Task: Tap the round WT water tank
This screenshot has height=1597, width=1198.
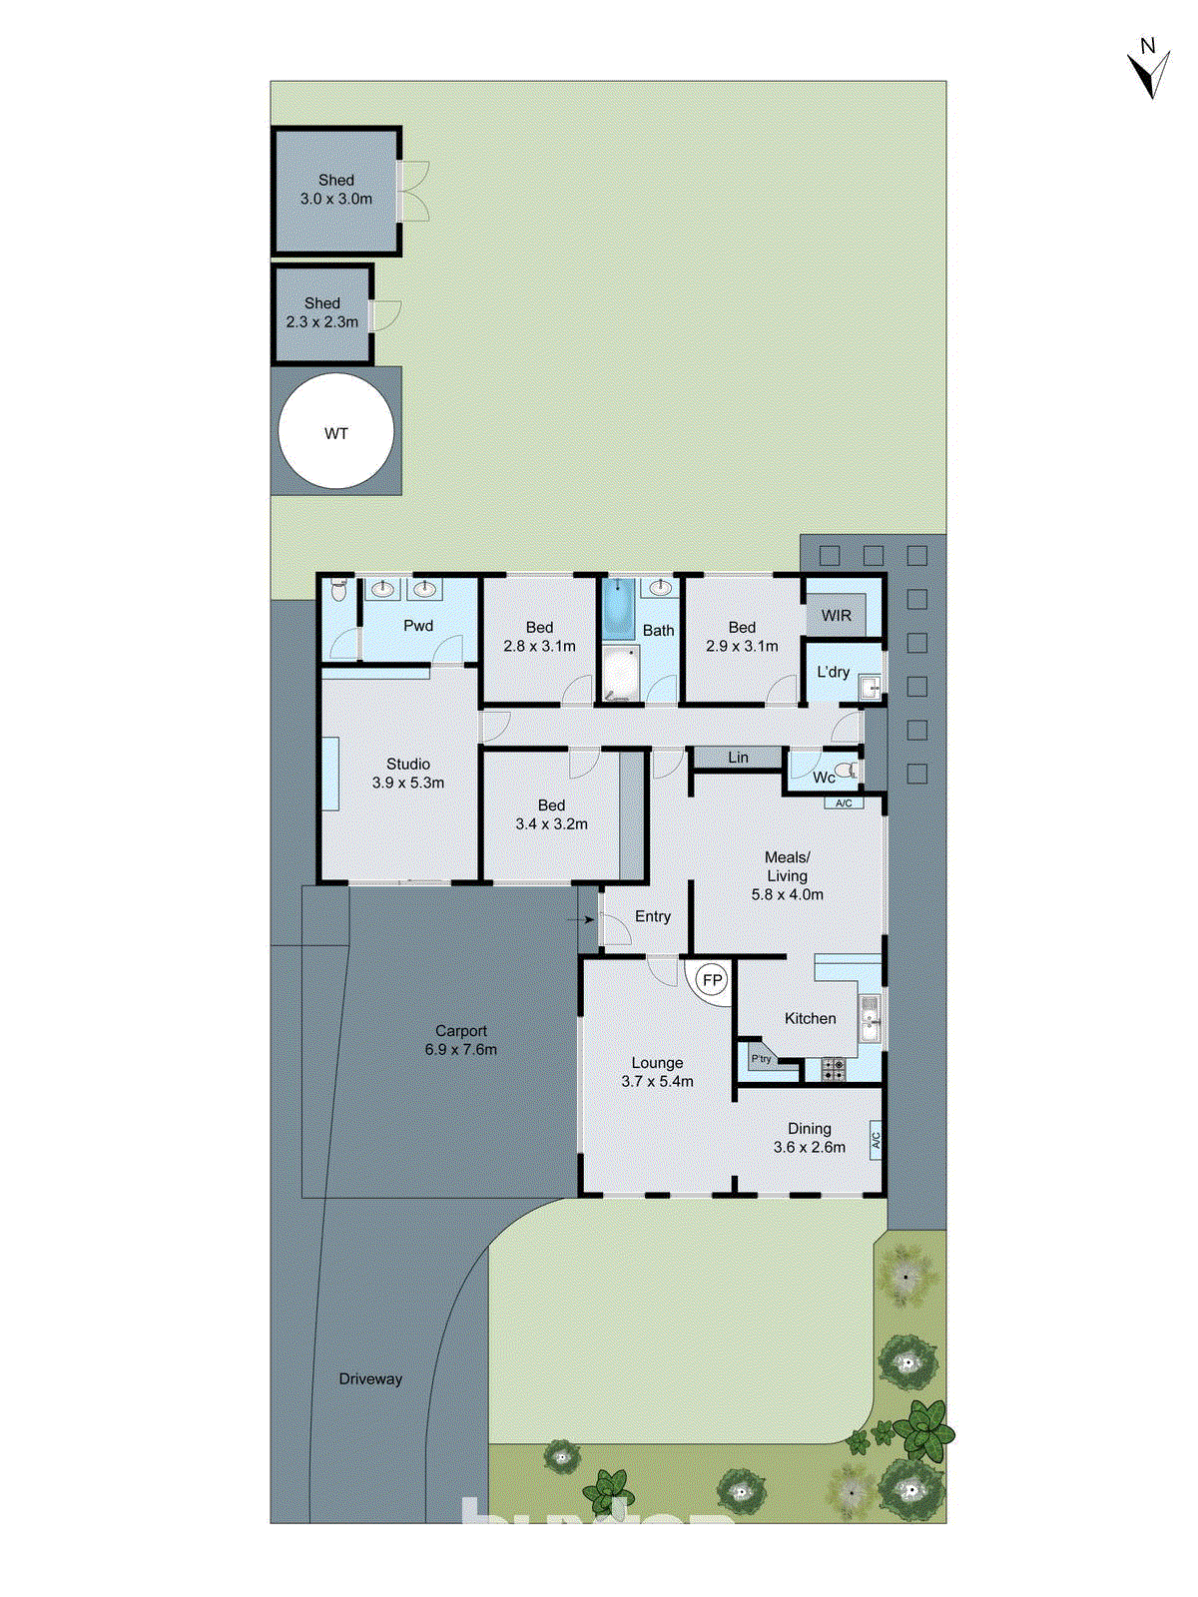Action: (336, 431)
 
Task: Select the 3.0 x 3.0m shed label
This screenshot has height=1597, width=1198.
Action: (336, 199)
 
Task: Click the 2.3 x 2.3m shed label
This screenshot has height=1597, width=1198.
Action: (321, 321)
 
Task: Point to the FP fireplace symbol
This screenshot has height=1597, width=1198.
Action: (712, 980)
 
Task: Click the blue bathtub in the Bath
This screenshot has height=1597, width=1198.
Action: (619, 608)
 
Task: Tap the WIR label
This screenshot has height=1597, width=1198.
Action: (837, 615)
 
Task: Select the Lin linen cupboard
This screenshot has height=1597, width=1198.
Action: (738, 758)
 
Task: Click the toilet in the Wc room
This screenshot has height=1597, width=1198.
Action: (847, 771)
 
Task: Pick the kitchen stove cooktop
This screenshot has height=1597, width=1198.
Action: (833, 1069)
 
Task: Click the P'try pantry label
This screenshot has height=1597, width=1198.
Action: (762, 1059)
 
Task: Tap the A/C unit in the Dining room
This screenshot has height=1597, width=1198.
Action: (876, 1139)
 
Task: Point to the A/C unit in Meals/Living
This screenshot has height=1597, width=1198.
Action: (844, 802)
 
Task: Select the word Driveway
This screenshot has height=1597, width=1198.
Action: (370, 1378)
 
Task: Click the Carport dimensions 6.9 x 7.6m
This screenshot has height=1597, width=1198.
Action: (460, 1049)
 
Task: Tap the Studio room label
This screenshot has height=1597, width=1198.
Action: (408, 764)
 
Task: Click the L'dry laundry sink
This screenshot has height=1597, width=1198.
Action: (872, 686)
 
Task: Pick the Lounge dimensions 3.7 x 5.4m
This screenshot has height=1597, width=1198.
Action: (657, 1081)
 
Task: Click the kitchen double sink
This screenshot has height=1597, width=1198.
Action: (870, 1018)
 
